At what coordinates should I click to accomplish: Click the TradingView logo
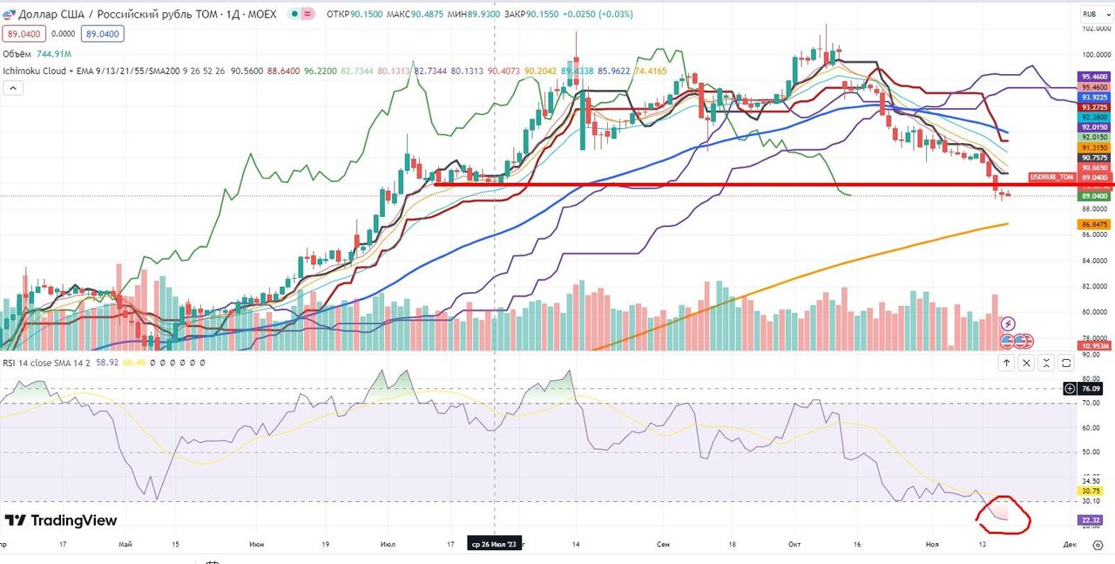tap(61, 520)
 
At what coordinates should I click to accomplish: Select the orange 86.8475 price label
tap(1094, 224)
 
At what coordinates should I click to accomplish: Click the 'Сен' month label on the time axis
tap(664, 543)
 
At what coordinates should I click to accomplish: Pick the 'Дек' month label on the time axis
tap(1069, 543)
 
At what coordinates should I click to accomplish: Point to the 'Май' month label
tap(125, 543)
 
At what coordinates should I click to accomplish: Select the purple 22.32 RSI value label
tap(1091, 520)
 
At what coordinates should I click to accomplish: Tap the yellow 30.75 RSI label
tap(1091, 491)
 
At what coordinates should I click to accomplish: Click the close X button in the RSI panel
tap(1026, 363)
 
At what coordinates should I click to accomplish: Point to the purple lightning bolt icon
tap(1007, 323)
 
